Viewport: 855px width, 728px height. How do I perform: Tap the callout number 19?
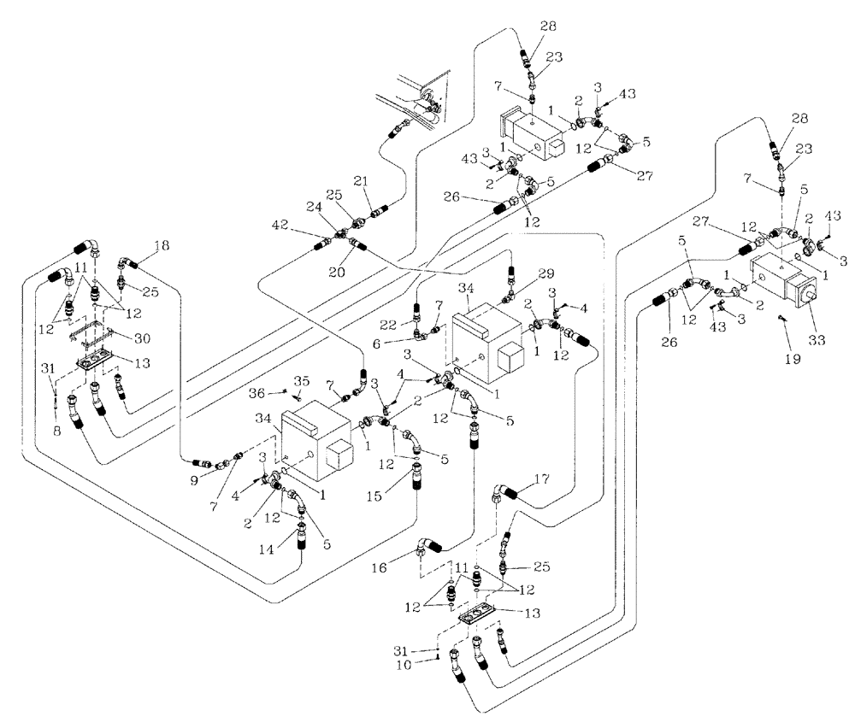tap(792, 360)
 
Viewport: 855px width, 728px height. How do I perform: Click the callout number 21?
tap(360, 181)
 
